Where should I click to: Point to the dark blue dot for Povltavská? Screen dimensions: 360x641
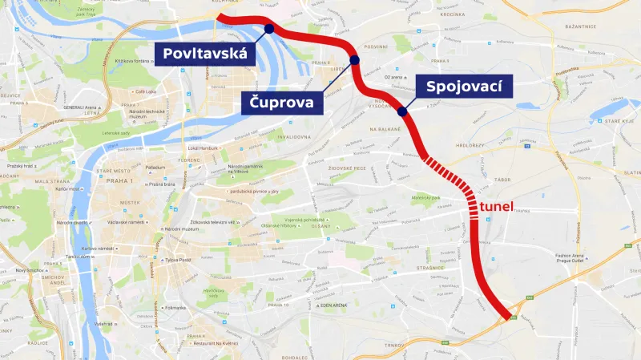pos(268,29)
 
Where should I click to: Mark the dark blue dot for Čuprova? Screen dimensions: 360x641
pos(355,60)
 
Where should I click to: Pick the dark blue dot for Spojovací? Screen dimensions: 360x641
pos(401,111)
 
